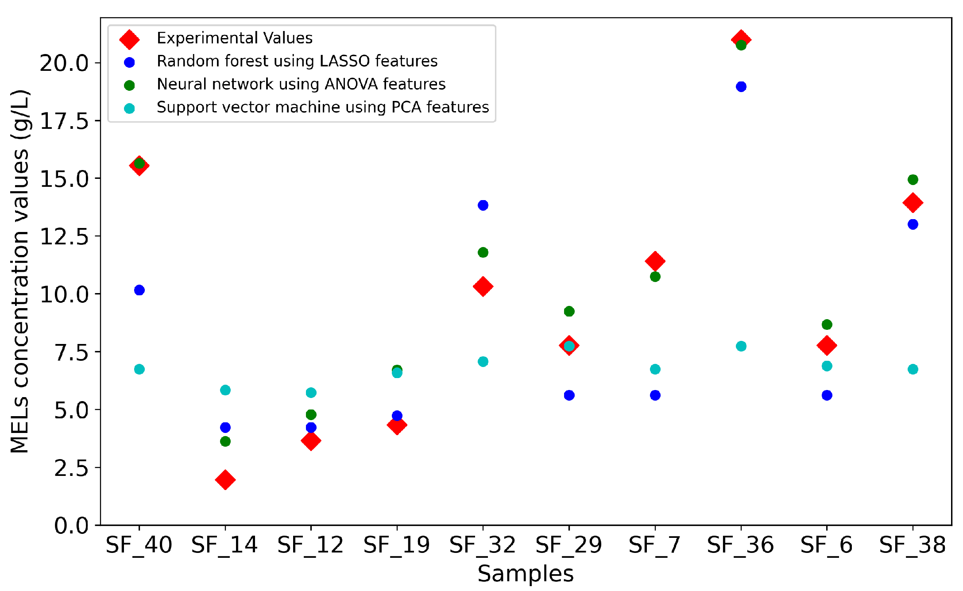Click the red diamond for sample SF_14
coord(225,480)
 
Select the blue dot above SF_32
coord(483,205)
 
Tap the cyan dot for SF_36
coord(741,346)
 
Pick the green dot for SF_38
coord(913,179)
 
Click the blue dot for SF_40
coord(139,290)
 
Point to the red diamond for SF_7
coord(655,261)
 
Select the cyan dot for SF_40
coord(139,369)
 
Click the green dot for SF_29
coord(569,311)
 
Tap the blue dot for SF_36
coord(741,86)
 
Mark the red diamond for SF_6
coord(827,345)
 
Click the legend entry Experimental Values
coord(235,38)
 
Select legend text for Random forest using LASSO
coord(297,61)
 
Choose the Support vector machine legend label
coord(323,107)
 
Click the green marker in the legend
coord(129,85)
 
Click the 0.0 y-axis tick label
coord(71,525)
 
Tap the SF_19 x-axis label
coord(397,545)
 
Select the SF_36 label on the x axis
coord(740,545)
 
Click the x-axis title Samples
coord(526,574)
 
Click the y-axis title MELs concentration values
coord(20,271)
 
